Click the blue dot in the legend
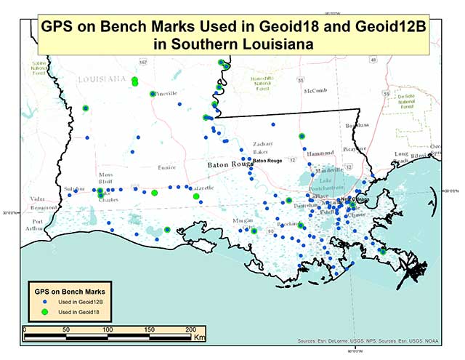click(x=45, y=300)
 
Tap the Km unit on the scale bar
click(x=199, y=337)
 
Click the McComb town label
click(x=315, y=91)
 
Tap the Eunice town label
click(x=167, y=167)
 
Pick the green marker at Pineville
click(x=153, y=94)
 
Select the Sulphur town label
click(x=74, y=188)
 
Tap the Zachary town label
click(x=262, y=144)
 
